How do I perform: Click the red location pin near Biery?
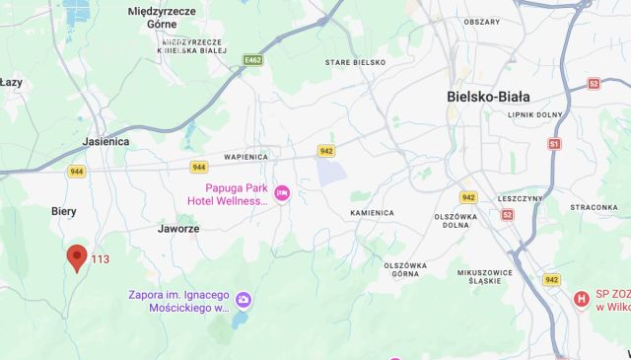pos(77,257)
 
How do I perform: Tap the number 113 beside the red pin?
pos(100,260)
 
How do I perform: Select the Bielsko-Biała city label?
pos(488,97)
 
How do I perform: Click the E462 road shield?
pos(253,61)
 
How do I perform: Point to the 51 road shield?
pos(554,143)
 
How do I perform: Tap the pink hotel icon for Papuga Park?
pos(283,191)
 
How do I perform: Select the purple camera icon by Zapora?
pos(244,299)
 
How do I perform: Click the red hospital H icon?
pos(582,298)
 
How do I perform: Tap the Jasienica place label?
pos(106,141)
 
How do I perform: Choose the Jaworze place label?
pos(178,228)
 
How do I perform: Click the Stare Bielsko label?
pos(356,62)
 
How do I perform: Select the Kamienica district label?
pos(372,212)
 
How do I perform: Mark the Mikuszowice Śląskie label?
pos(494,276)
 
